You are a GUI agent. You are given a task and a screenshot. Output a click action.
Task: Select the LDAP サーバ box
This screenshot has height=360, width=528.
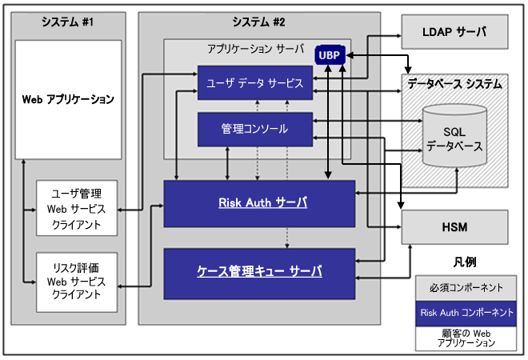point(454,34)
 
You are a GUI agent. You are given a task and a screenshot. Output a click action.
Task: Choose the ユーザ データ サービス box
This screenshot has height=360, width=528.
point(254,82)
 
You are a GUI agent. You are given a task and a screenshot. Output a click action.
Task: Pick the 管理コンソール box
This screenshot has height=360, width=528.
point(254,128)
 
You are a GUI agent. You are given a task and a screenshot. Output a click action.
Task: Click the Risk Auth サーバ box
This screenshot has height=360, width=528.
point(259,203)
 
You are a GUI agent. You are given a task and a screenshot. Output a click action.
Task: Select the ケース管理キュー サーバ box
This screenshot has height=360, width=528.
point(259,271)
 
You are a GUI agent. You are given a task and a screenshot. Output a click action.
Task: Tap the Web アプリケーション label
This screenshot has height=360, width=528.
point(68,100)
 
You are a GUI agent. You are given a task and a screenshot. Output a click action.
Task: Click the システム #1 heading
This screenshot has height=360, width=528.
point(68,23)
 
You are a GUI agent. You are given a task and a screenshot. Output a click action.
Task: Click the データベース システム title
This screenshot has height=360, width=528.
point(454,83)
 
